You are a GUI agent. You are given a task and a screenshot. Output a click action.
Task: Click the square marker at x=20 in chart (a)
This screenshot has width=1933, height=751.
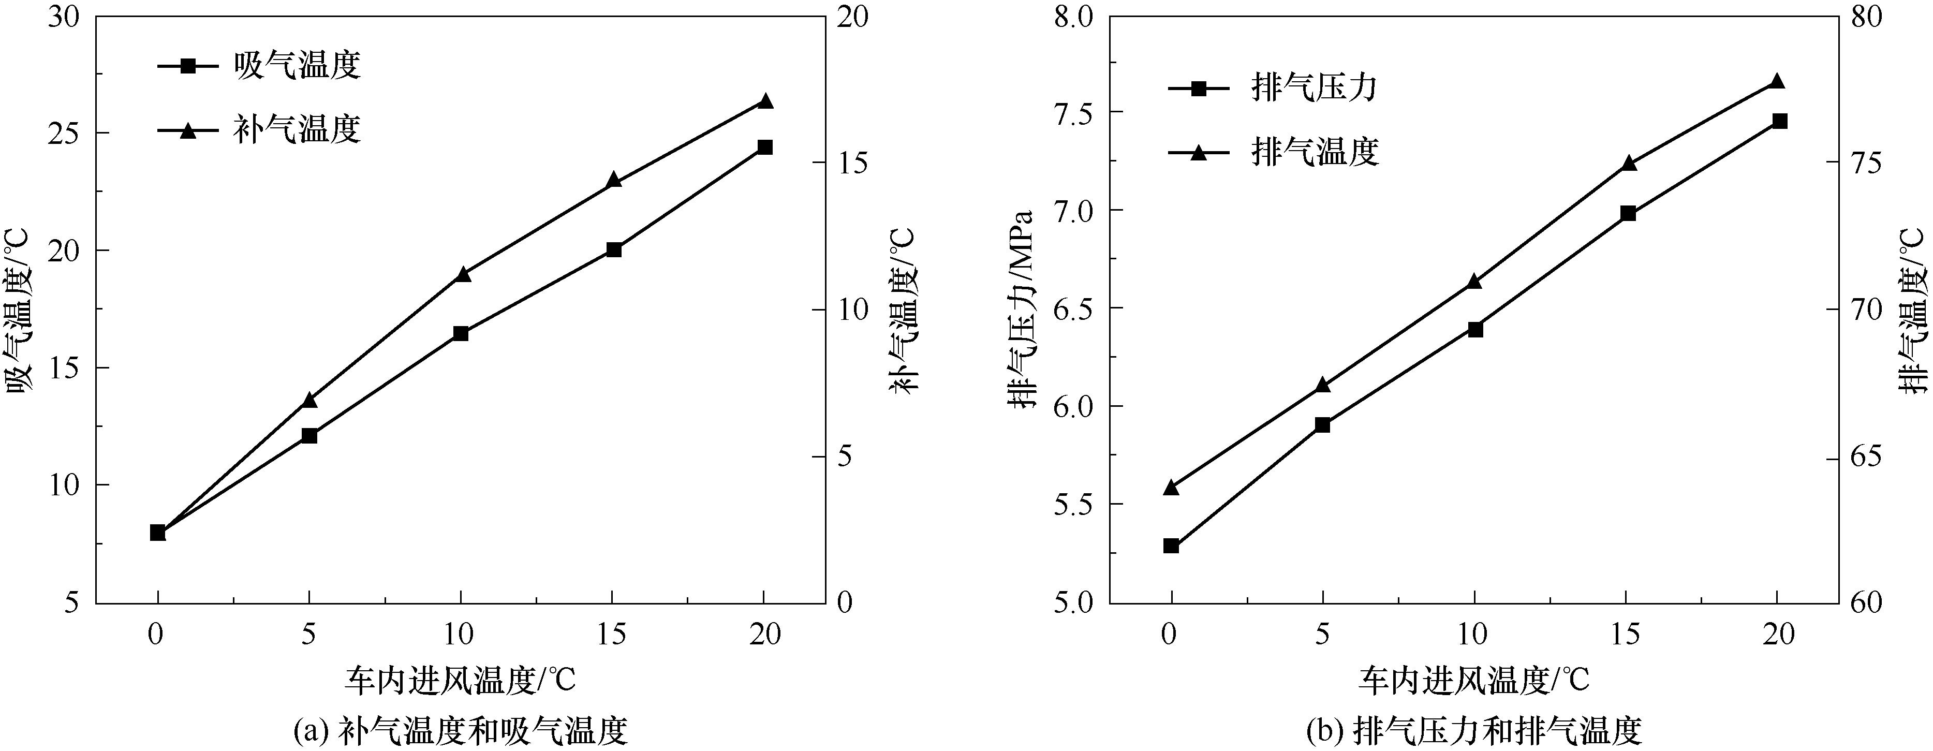(x=764, y=147)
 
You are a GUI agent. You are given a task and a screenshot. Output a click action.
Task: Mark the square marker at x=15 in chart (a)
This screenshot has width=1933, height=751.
(x=614, y=249)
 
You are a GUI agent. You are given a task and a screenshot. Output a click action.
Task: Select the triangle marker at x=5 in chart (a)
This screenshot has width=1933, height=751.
(x=309, y=401)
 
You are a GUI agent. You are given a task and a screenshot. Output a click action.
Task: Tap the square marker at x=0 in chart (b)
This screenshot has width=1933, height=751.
(x=1171, y=546)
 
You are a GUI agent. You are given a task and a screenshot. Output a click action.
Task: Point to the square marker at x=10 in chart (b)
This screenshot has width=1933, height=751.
(x=1475, y=329)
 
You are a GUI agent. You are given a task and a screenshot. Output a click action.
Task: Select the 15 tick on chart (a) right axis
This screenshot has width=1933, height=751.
(x=852, y=163)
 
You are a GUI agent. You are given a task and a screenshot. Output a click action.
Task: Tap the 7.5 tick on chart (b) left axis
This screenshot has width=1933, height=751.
(x=1074, y=112)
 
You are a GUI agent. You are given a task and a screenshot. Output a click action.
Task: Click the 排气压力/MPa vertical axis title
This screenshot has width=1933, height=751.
(x=1021, y=309)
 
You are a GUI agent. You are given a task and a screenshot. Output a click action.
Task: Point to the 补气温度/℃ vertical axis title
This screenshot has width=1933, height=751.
(x=904, y=309)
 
